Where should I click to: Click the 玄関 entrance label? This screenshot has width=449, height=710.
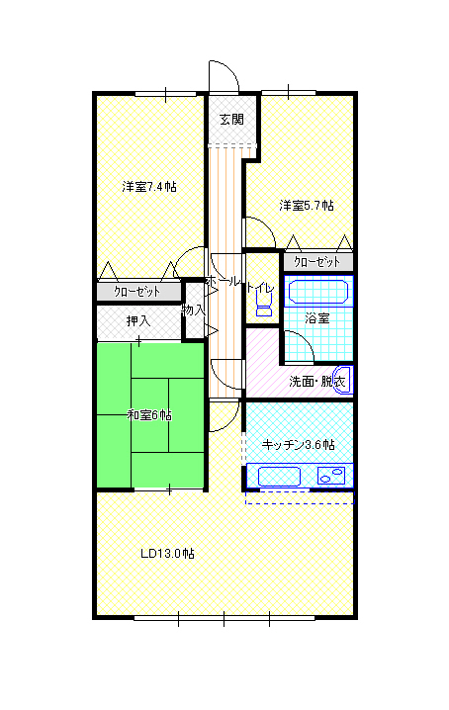click(231, 119)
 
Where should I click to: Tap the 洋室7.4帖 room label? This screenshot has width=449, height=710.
click(149, 187)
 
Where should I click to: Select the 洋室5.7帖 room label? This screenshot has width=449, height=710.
click(307, 206)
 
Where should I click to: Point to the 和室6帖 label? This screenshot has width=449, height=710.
click(149, 414)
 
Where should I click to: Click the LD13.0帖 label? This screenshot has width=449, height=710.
click(167, 554)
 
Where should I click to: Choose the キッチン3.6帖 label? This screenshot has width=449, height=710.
click(298, 445)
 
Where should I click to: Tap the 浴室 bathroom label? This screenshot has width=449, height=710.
click(316, 318)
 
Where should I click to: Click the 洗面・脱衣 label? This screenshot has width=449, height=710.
click(317, 382)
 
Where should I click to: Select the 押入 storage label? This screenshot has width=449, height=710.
click(138, 321)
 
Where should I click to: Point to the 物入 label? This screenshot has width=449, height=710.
click(193, 310)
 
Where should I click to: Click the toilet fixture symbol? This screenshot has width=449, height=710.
click(264, 303)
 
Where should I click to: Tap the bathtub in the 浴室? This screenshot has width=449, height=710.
click(318, 292)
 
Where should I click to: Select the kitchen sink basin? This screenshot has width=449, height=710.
click(279, 477)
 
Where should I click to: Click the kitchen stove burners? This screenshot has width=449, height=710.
click(331, 476)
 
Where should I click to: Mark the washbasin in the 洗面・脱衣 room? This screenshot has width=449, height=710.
click(343, 381)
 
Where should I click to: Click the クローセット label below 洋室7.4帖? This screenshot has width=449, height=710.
click(136, 291)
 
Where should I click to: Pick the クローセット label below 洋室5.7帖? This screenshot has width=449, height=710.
click(316, 262)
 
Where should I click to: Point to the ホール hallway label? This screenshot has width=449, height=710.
click(222, 281)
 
